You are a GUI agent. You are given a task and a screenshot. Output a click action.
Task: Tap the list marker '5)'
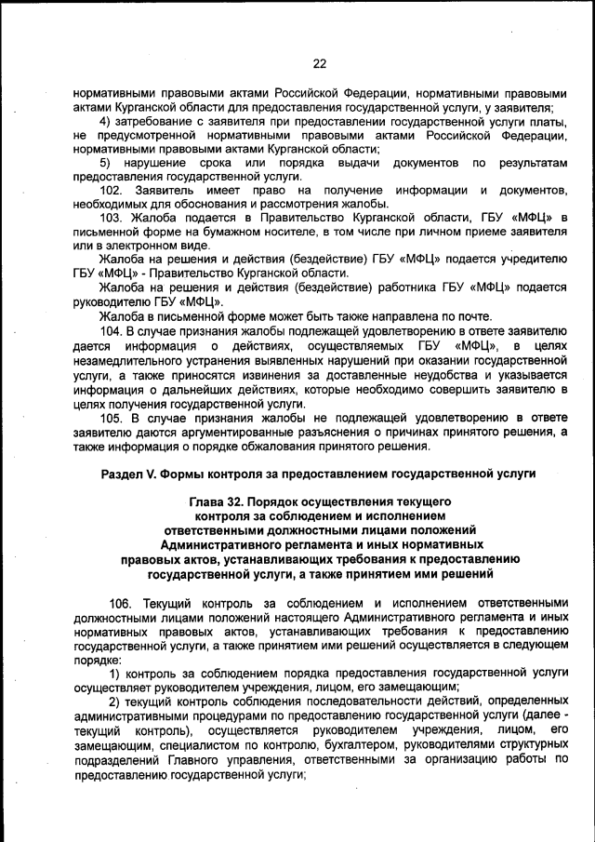pyautogui.click(x=106, y=163)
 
